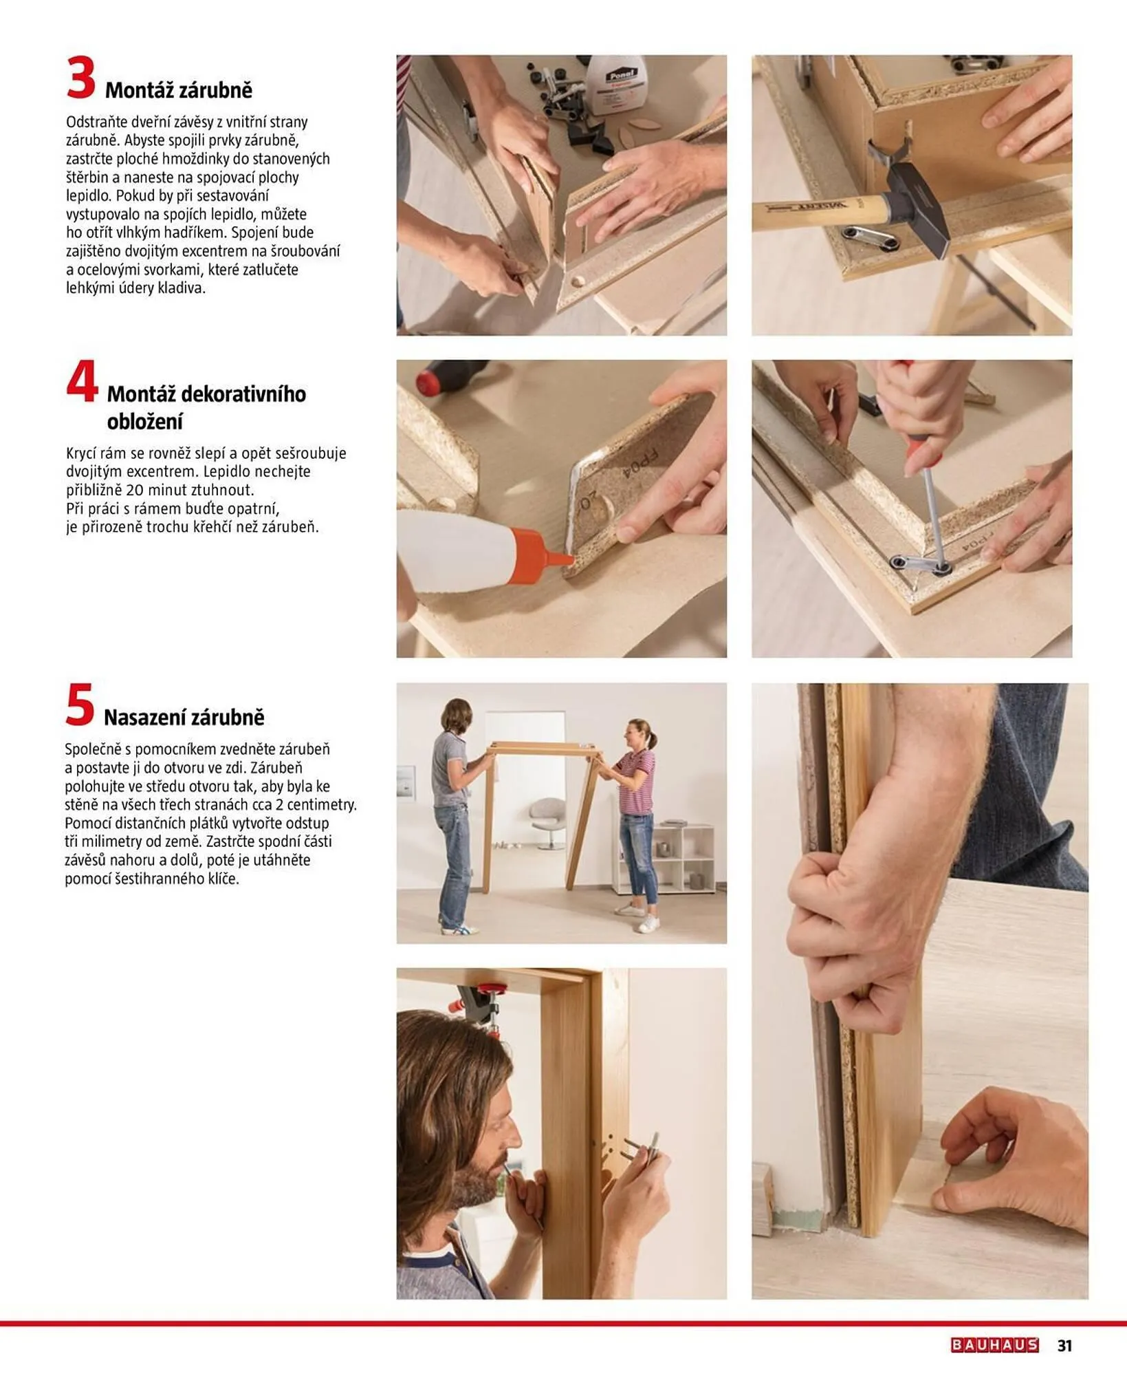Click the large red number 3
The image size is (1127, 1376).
(x=80, y=78)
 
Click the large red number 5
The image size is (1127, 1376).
(x=79, y=705)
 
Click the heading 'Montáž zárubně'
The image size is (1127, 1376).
(x=179, y=90)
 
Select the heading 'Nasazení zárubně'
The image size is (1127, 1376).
(x=184, y=718)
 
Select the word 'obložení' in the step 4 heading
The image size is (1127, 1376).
(x=144, y=422)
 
